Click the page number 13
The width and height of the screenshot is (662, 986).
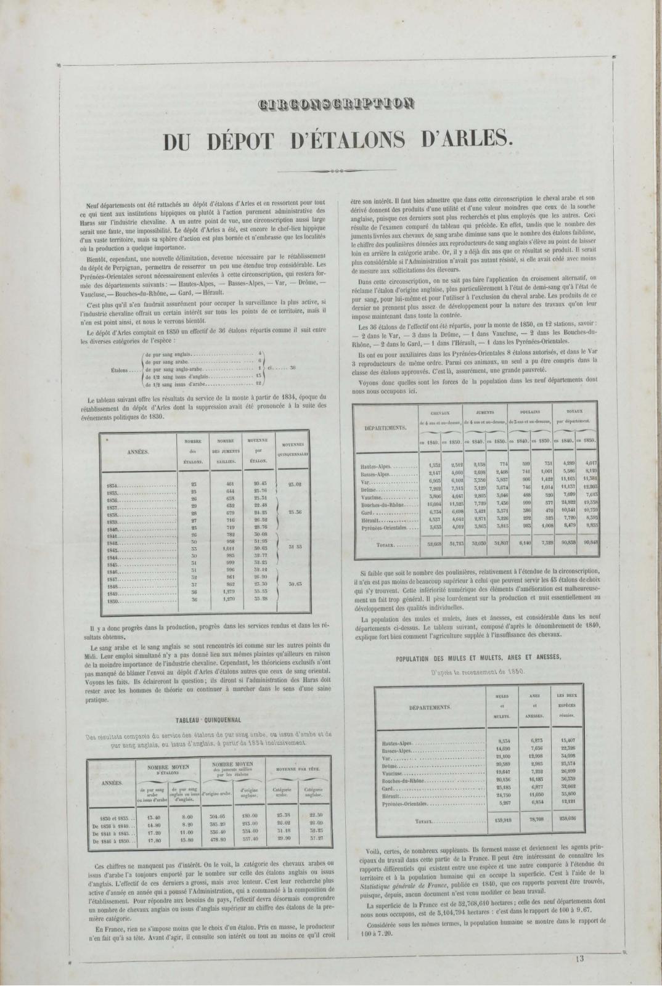click(580, 958)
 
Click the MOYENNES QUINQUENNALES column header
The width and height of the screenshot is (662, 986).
click(295, 447)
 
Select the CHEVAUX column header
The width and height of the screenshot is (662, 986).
click(441, 411)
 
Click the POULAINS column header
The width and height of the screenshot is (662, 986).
click(529, 411)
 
